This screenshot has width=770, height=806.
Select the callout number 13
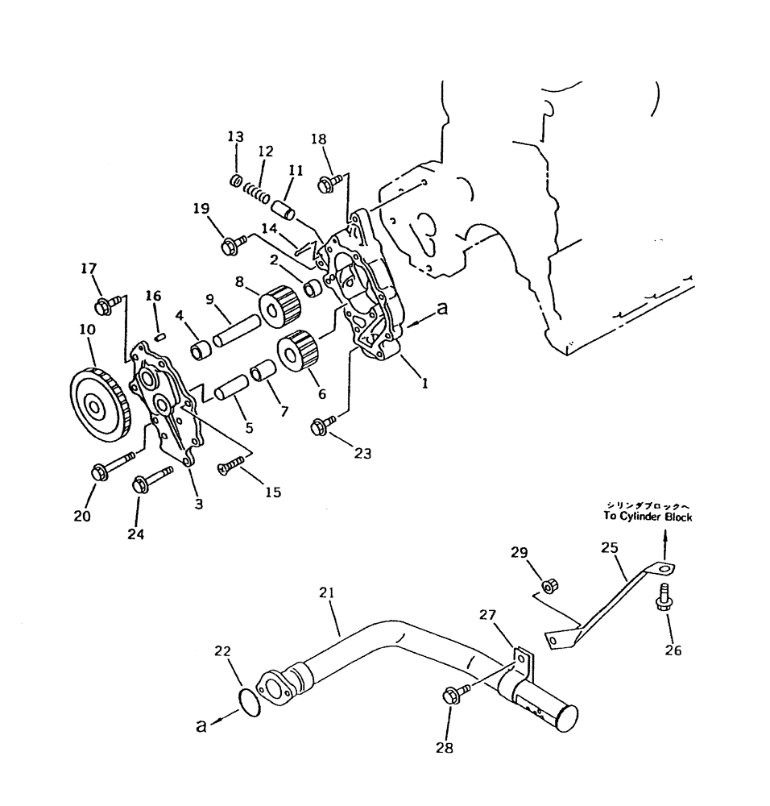point(234,137)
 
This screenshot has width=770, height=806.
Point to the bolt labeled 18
point(330,185)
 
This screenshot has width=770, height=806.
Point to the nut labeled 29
point(550,583)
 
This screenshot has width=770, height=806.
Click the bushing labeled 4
point(201,351)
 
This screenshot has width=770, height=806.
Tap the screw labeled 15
point(230,463)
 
